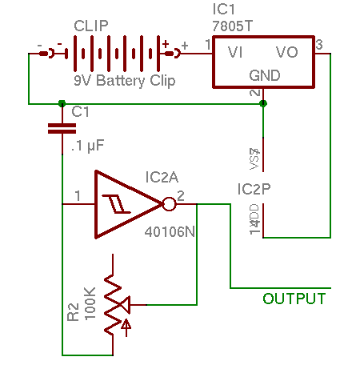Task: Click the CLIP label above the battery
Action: coord(91,26)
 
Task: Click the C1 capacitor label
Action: coord(81,111)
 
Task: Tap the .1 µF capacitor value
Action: coord(87,146)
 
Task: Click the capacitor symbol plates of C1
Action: coord(62,128)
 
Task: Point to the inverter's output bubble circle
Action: coord(169,203)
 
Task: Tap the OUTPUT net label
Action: coord(294,299)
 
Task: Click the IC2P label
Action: coord(254,189)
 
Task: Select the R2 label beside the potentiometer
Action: coord(74,310)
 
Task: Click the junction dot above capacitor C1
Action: coord(62,103)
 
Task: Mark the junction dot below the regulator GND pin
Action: coord(264,103)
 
